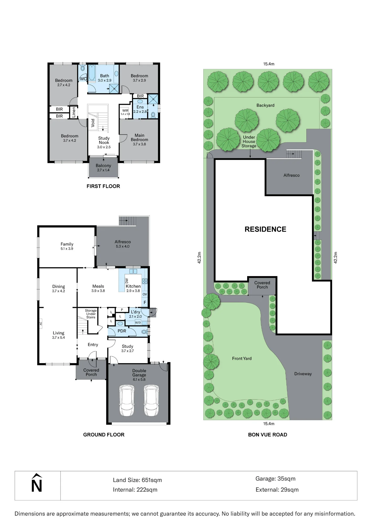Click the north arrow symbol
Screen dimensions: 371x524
pyautogui.click(x=37, y=483)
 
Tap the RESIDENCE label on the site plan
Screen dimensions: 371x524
pyautogui.click(x=265, y=229)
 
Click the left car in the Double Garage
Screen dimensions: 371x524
pyautogui.click(x=127, y=400)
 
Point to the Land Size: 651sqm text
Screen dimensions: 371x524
pyautogui.click(x=137, y=480)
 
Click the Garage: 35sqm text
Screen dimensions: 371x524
pyautogui.click(x=275, y=479)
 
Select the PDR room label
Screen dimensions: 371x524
pyautogui.click(x=122, y=331)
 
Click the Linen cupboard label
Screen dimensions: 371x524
pyautogui.click(x=74, y=112)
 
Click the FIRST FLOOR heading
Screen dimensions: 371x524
pyautogui.click(x=103, y=186)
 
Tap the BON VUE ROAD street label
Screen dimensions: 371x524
pyautogui.click(x=268, y=435)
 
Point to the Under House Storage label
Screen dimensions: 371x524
pyautogui.click(x=249, y=141)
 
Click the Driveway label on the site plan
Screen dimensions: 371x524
pyautogui.click(x=303, y=374)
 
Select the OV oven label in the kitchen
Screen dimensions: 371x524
pyautogui.click(x=145, y=294)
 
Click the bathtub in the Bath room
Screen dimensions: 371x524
pyautogui.click(x=92, y=73)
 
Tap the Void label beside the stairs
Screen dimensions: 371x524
pyautogui.click(x=93, y=123)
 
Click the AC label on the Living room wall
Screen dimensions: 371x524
pyautogui.click(x=41, y=324)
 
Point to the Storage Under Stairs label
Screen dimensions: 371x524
pyautogui.click(x=91, y=314)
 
